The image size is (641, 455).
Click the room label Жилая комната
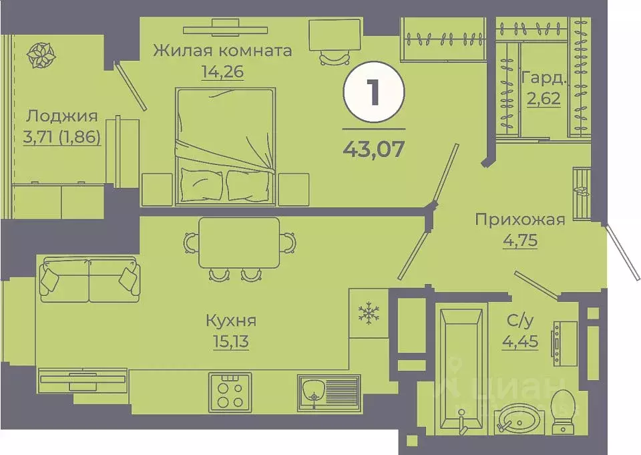point(222,51)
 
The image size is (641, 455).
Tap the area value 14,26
point(222,71)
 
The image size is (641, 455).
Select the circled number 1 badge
point(373,94)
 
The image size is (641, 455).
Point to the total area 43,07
point(373,148)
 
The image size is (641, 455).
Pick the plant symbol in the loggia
point(41,56)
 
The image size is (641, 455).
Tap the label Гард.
point(544,77)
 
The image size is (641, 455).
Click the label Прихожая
point(519,219)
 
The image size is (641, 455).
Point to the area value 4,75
point(519,239)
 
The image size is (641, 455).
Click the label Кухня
point(231,321)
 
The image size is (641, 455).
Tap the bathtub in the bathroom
point(460,367)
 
